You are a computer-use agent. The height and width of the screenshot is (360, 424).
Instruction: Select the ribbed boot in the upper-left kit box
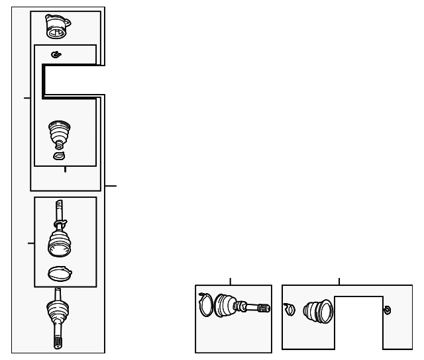tap(60, 133)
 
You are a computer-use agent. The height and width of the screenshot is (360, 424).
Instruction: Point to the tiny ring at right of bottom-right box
tap(388, 309)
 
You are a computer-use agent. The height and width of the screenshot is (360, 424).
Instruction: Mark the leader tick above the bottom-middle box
tap(230, 281)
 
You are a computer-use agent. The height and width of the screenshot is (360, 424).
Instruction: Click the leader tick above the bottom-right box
tap(339, 281)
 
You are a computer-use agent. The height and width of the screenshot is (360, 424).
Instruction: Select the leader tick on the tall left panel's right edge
tap(111, 186)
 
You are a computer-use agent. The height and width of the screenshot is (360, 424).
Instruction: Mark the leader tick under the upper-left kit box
tap(65, 169)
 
